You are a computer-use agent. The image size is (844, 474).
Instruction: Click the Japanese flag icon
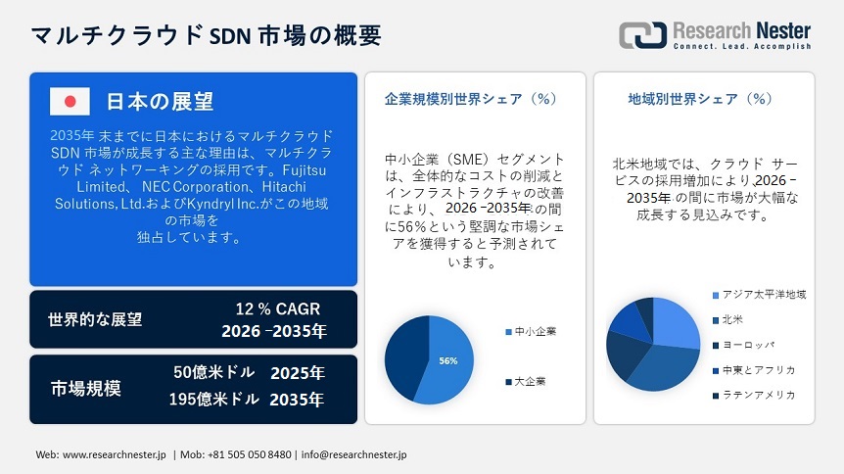click(x=70, y=101)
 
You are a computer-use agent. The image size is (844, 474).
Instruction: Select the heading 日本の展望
click(x=160, y=101)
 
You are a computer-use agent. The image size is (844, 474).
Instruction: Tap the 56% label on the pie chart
click(x=447, y=360)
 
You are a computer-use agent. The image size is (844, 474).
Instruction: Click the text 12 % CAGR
click(x=271, y=308)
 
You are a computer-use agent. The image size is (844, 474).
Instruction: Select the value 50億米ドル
click(x=213, y=372)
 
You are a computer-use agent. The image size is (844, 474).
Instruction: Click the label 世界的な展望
click(x=95, y=319)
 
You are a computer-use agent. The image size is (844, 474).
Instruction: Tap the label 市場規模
click(x=86, y=388)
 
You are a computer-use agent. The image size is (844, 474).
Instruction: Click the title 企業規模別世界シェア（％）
click(x=471, y=99)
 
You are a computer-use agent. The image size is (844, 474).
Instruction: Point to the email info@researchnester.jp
click(x=353, y=454)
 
